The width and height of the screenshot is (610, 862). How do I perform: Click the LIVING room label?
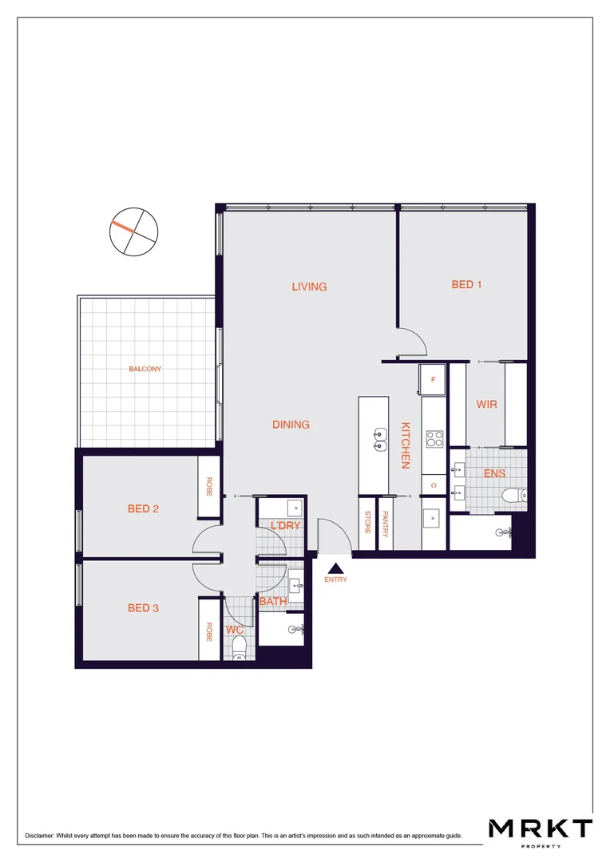(x=309, y=287)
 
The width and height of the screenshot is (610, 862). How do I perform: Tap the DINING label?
(x=291, y=425)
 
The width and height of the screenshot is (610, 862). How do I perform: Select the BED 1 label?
(x=466, y=284)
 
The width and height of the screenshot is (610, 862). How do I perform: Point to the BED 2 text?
(x=143, y=508)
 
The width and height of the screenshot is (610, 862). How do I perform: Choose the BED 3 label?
(x=143, y=608)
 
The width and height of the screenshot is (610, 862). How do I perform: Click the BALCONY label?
(x=145, y=369)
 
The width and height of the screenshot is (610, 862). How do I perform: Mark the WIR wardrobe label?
(x=486, y=405)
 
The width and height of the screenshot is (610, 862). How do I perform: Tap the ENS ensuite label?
(x=494, y=473)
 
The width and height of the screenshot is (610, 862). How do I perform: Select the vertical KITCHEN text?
(x=406, y=445)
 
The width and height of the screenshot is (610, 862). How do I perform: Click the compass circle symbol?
(x=133, y=232)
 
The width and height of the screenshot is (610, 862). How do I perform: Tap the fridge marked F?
(x=433, y=380)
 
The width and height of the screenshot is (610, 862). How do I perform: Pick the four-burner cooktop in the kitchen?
(x=435, y=438)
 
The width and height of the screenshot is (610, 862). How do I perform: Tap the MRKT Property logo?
(x=541, y=831)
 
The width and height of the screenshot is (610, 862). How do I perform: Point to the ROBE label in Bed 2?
(x=209, y=488)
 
